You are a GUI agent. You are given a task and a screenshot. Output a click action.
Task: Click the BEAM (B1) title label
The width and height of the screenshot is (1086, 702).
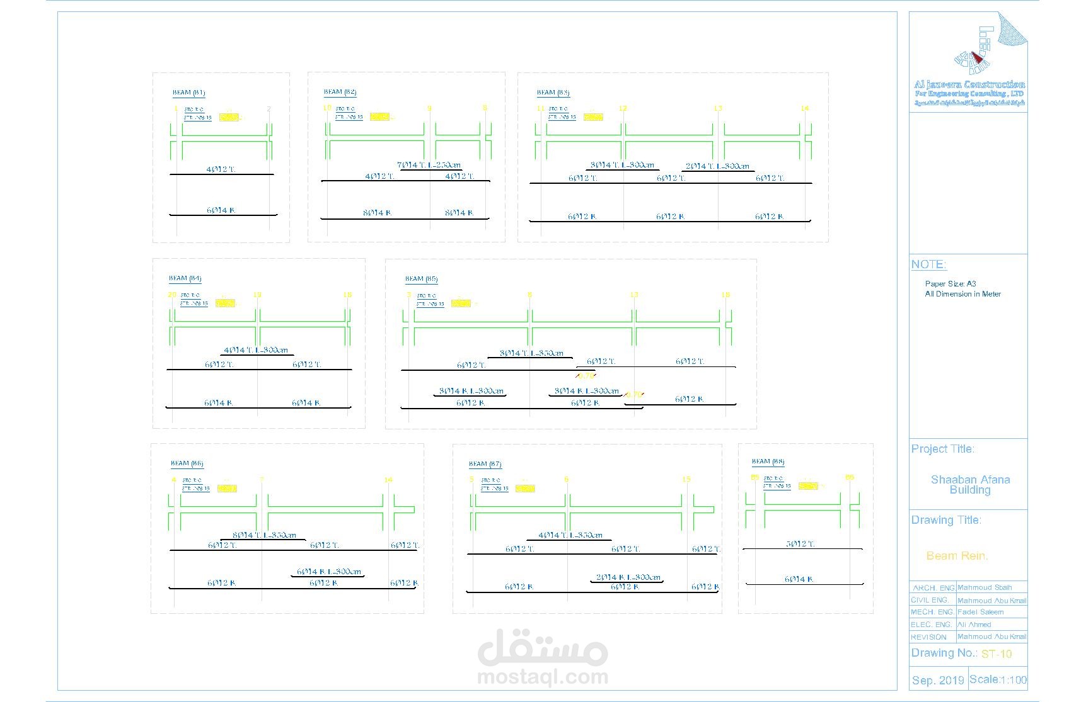click(188, 93)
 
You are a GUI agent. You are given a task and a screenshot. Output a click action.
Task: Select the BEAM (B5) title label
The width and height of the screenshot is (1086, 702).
click(421, 278)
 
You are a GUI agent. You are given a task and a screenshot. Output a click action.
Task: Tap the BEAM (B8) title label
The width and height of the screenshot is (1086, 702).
click(768, 461)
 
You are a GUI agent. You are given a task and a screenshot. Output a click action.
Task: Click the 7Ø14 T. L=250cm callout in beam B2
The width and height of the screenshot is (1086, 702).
click(429, 165)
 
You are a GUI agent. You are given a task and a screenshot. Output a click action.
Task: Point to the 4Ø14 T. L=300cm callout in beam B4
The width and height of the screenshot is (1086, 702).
click(256, 350)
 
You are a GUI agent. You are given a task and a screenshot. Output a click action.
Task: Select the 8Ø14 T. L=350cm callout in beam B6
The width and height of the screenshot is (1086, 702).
click(264, 535)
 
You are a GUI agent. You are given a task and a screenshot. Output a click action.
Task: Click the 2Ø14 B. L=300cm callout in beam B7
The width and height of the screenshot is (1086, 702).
click(628, 577)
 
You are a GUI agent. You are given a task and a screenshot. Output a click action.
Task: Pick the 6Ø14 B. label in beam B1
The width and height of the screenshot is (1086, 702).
click(221, 210)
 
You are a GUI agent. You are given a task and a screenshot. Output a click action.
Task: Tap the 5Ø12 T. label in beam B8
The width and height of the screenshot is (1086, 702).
click(800, 543)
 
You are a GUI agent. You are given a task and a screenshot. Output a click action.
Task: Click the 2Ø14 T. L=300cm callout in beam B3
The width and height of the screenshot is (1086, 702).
click(717, 166)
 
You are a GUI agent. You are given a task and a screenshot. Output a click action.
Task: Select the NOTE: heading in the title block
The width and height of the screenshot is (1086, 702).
click(928, 264)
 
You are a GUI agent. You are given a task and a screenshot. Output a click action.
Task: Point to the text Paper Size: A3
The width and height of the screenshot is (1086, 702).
click(950, 284)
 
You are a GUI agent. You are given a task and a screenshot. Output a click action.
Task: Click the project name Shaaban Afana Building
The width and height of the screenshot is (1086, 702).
click(970, 485)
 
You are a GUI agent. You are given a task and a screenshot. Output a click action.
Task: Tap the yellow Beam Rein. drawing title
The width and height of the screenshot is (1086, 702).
click(957, 556)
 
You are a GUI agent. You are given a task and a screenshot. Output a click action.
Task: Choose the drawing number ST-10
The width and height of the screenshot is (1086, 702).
click(996, 654)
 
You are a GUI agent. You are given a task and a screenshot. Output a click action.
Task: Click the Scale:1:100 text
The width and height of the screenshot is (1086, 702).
click(998, 680)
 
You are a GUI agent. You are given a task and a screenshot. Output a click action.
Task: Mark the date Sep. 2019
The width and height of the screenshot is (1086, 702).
click(937, 681)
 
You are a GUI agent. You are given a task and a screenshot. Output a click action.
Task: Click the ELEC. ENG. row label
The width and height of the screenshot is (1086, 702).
click(931, 625)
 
